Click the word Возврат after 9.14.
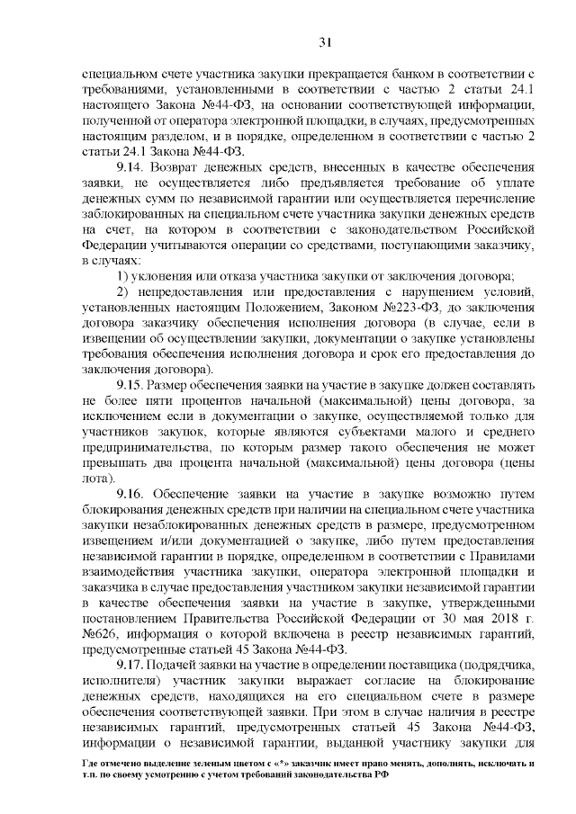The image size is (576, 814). point(176,168)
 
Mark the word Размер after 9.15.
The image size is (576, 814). point(172,386)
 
